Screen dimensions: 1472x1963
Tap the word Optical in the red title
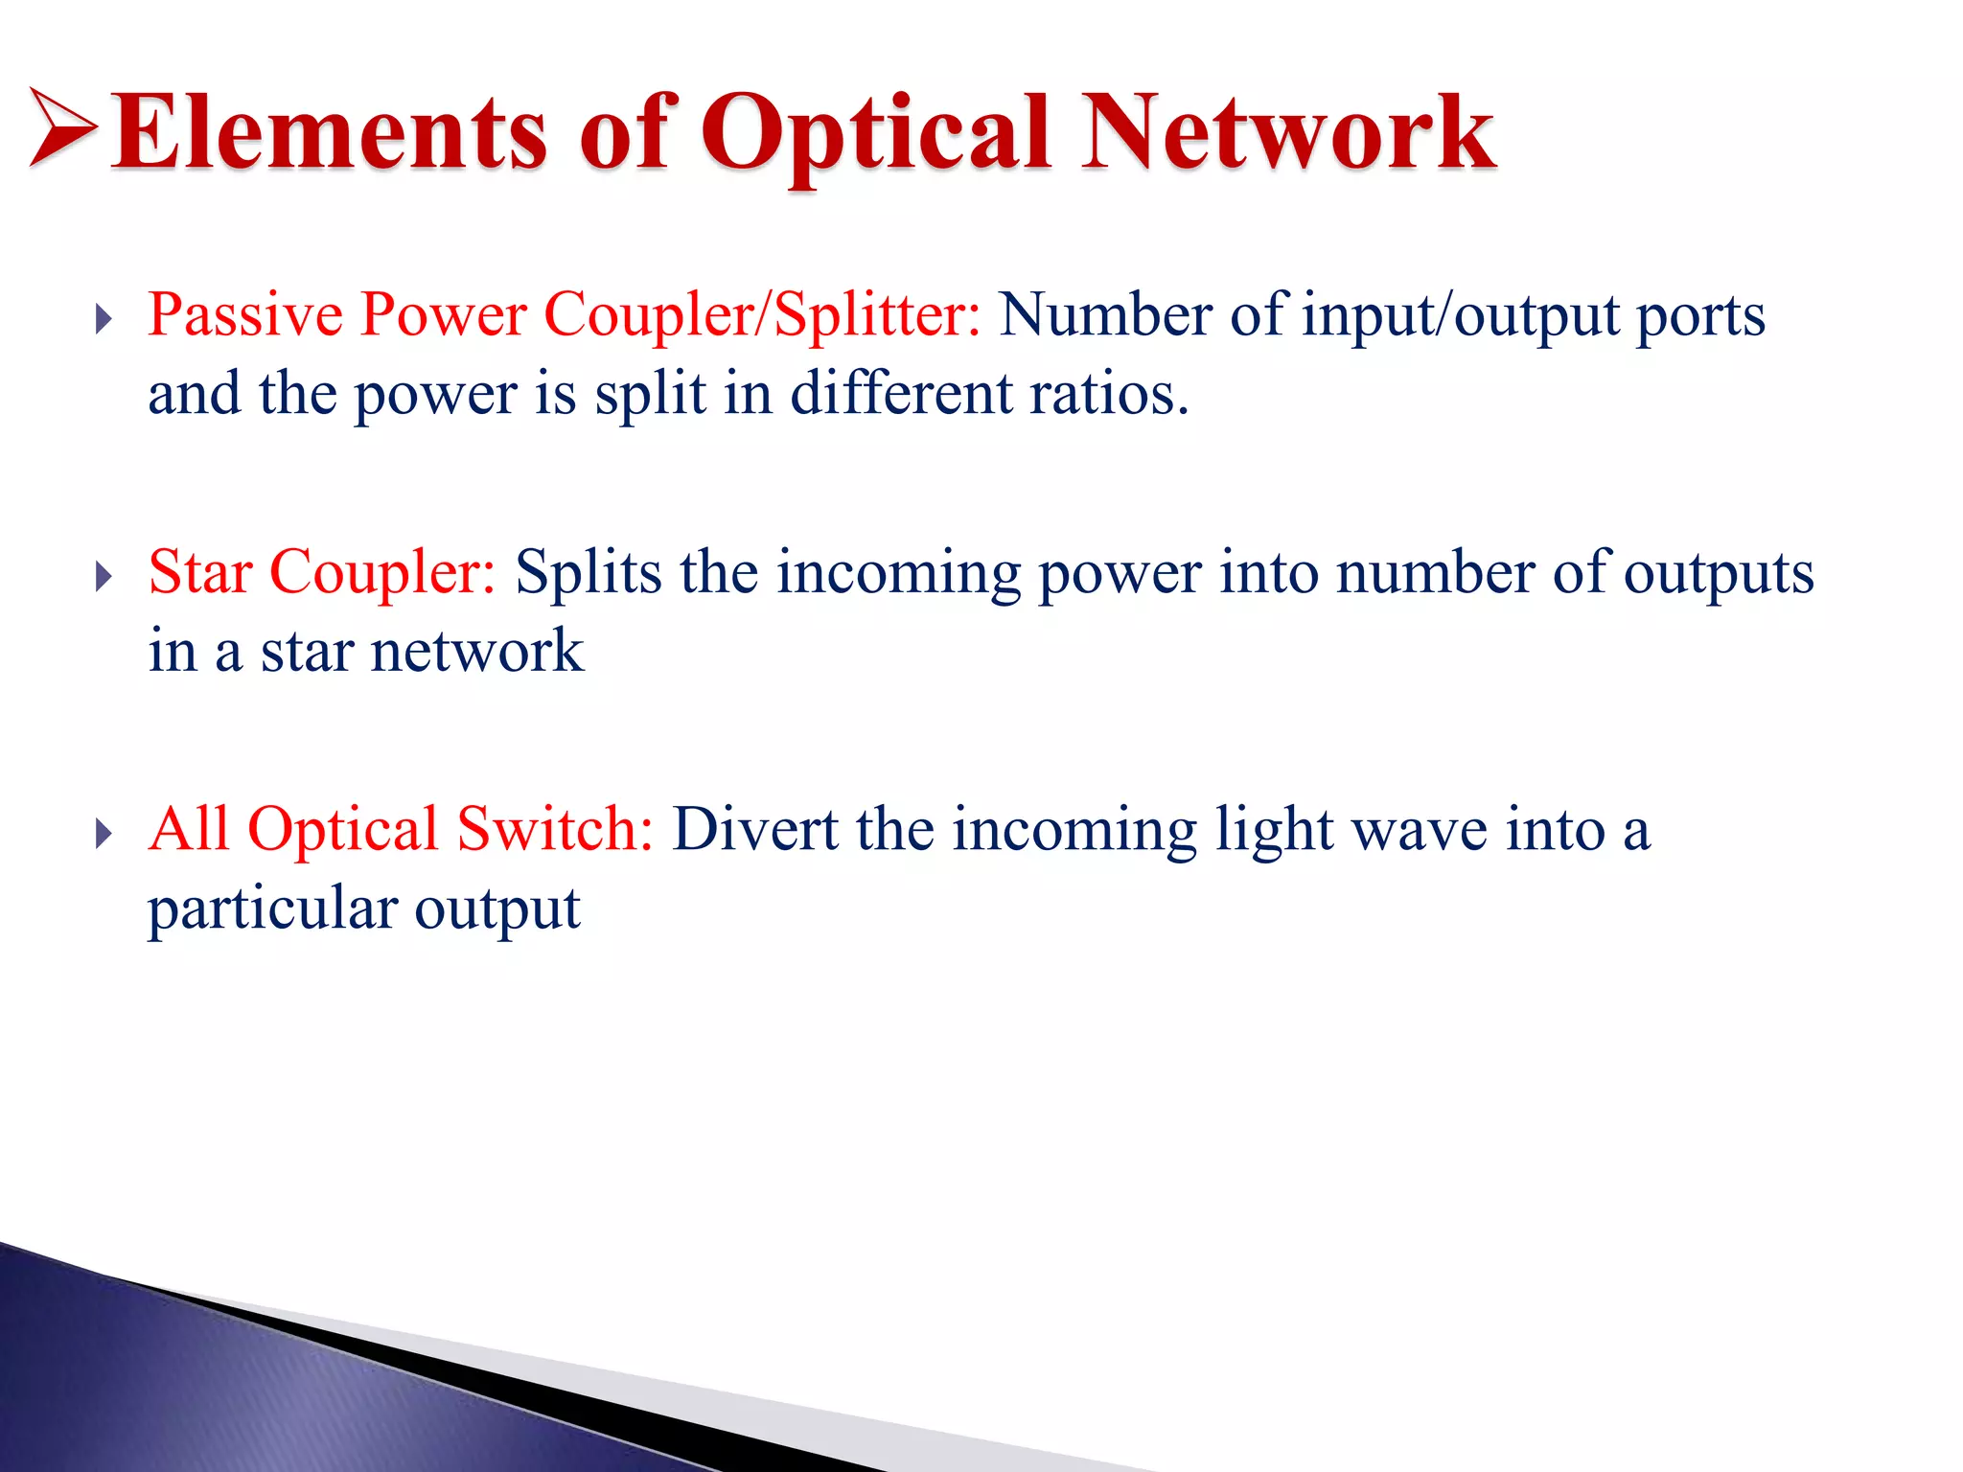tap(875, 134)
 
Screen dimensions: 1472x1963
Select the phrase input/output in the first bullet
tap(1465, 316)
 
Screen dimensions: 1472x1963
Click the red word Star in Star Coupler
tap(200, 572)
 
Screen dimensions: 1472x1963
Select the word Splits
tap(588, 573)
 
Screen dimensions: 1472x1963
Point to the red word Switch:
tap(554, 829)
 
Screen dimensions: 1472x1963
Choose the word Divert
tap(754, 829)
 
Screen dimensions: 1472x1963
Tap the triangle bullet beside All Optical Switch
tap(104, 834)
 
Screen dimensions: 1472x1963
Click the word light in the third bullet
tap(1274, 831)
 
